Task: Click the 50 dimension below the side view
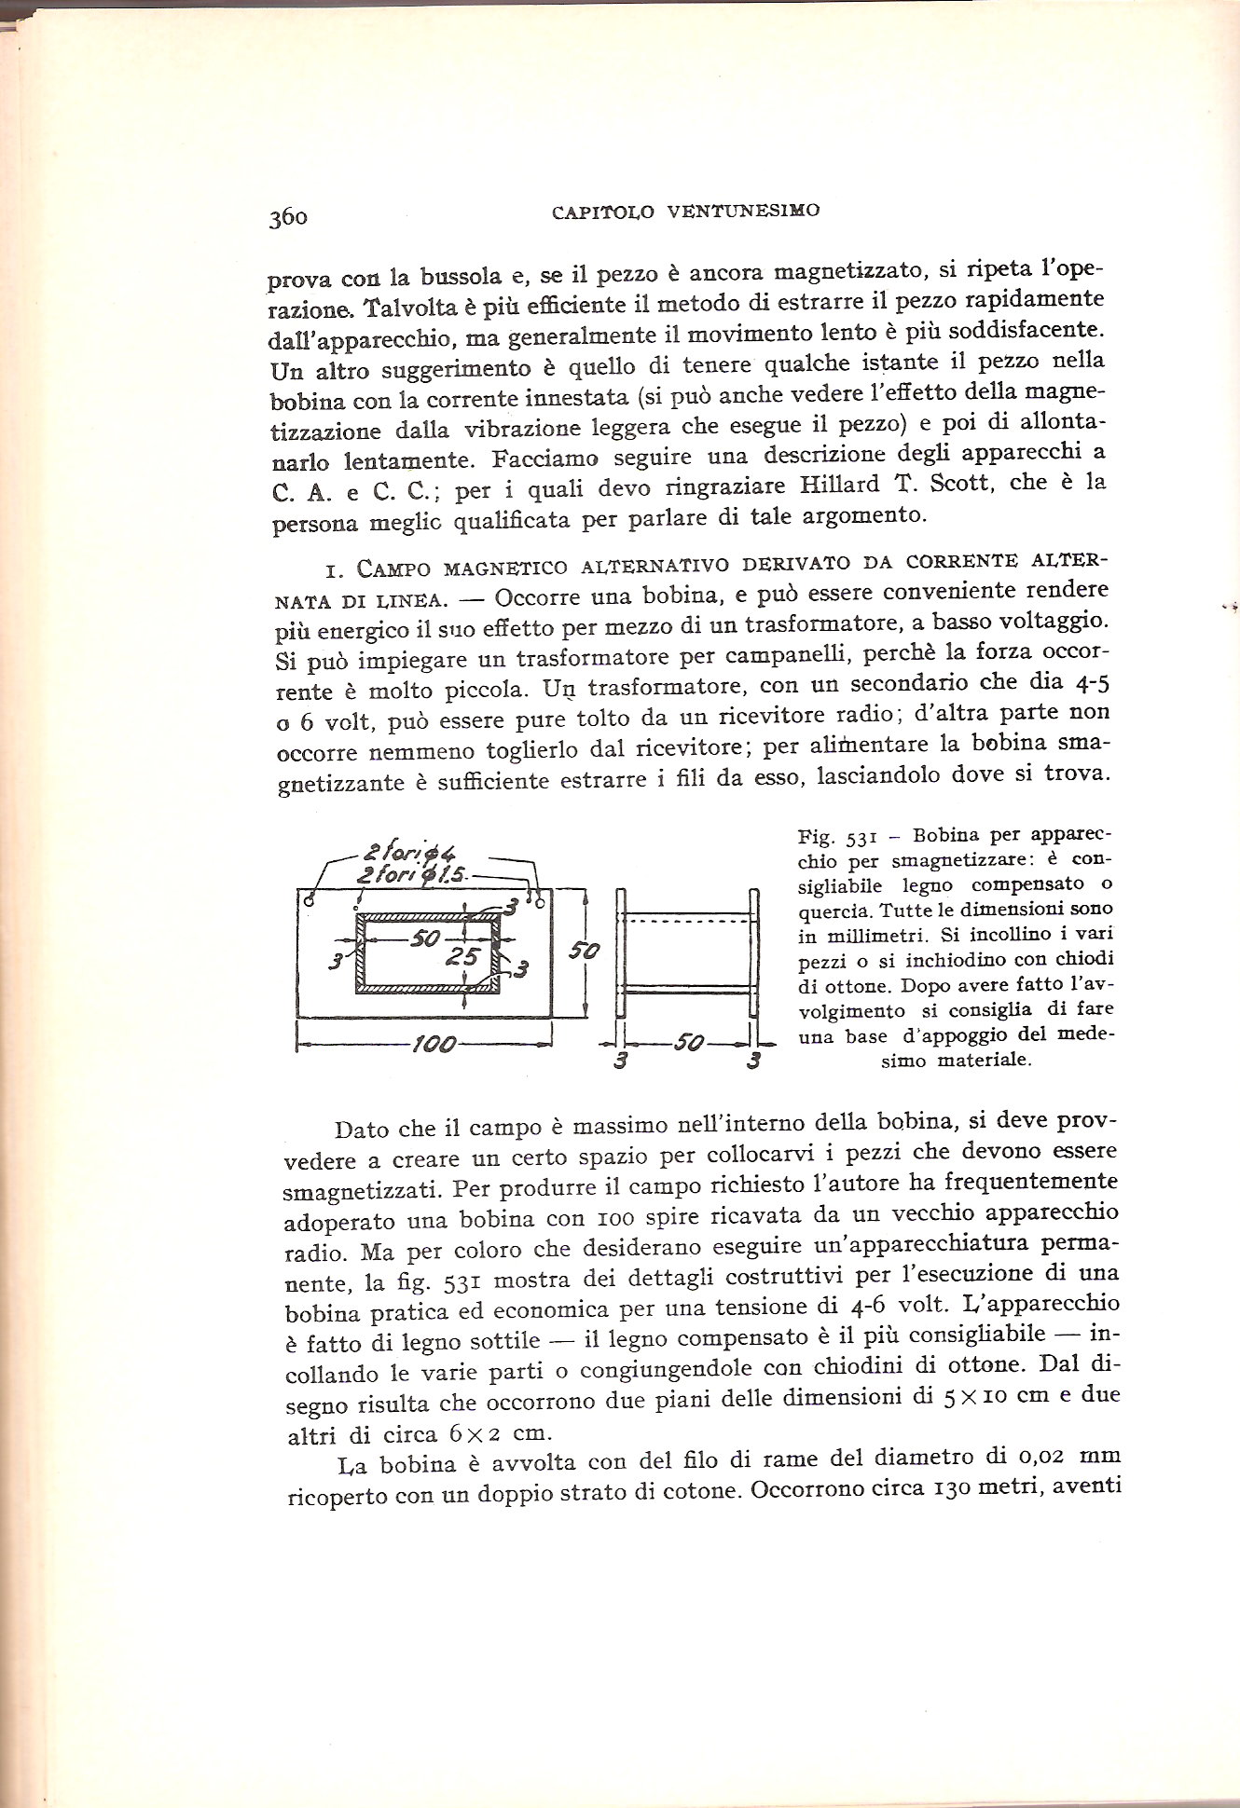pos(689,1042)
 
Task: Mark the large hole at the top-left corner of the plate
pos(308,899)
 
